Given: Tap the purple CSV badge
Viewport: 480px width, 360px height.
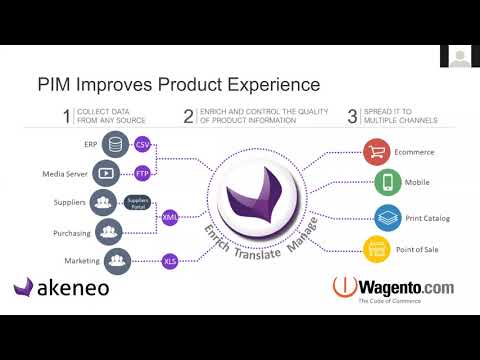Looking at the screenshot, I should tap(142, 147).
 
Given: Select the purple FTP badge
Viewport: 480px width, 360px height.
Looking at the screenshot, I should tap(142, 172).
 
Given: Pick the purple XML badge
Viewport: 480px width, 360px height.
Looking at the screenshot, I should tap(171, 215).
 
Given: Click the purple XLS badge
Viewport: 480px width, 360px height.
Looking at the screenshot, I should tap(171, 261).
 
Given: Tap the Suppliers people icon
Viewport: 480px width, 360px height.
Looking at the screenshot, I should tap(104, 202).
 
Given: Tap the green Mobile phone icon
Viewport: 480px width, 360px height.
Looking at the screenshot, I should tap(387, 184).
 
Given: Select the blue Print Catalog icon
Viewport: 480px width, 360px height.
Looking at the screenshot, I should tap(387, 215).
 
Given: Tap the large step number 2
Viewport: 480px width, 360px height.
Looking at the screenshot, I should tap(189, 116).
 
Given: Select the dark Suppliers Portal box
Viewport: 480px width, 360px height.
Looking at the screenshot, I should tap(137, 202).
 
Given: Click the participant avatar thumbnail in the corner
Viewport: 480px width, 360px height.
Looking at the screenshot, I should tap(459, 58).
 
